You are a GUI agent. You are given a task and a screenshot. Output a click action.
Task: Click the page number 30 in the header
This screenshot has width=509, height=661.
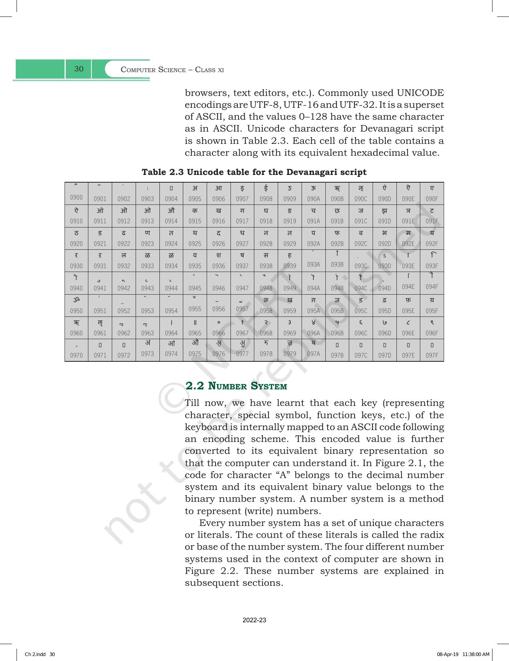click(79, 69)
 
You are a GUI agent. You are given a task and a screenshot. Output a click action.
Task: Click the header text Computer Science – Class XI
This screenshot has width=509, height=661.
click(172, 70)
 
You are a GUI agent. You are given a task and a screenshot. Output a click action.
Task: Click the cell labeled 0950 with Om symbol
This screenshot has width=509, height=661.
click(76, 305)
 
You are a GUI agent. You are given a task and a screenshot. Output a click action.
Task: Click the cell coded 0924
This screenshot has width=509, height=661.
click(171, 238)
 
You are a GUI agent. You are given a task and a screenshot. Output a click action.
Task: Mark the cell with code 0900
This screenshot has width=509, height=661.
click(76, 193)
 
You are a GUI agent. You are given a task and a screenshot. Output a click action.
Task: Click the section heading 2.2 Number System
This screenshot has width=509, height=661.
click(236, 386)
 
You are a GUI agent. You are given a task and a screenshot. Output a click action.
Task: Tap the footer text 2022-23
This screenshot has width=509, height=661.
click(254, 620)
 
